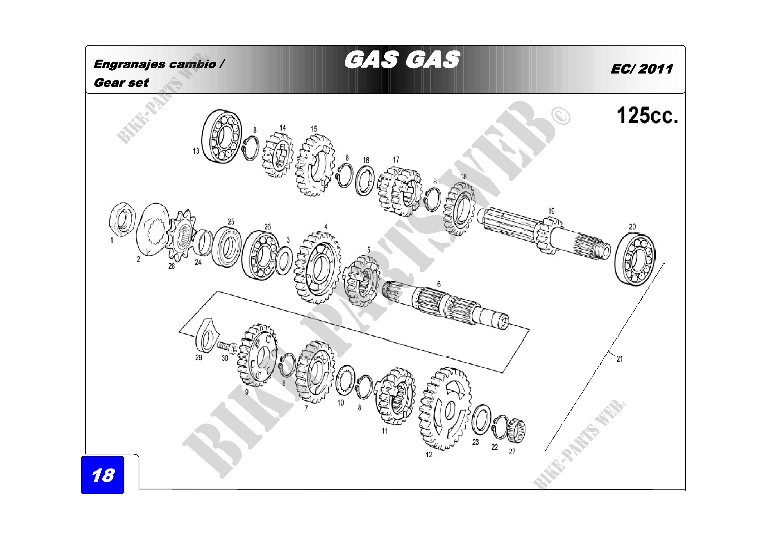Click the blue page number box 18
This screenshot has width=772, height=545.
(x=103, y=474)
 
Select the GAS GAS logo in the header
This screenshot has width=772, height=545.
(x=402, y=60)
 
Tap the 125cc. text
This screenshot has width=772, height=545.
(x=647, y=115)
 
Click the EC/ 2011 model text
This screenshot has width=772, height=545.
(x=642, y=69)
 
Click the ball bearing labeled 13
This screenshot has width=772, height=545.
(x=221, y=136)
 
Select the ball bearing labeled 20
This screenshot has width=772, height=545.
(x=635, y=259)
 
